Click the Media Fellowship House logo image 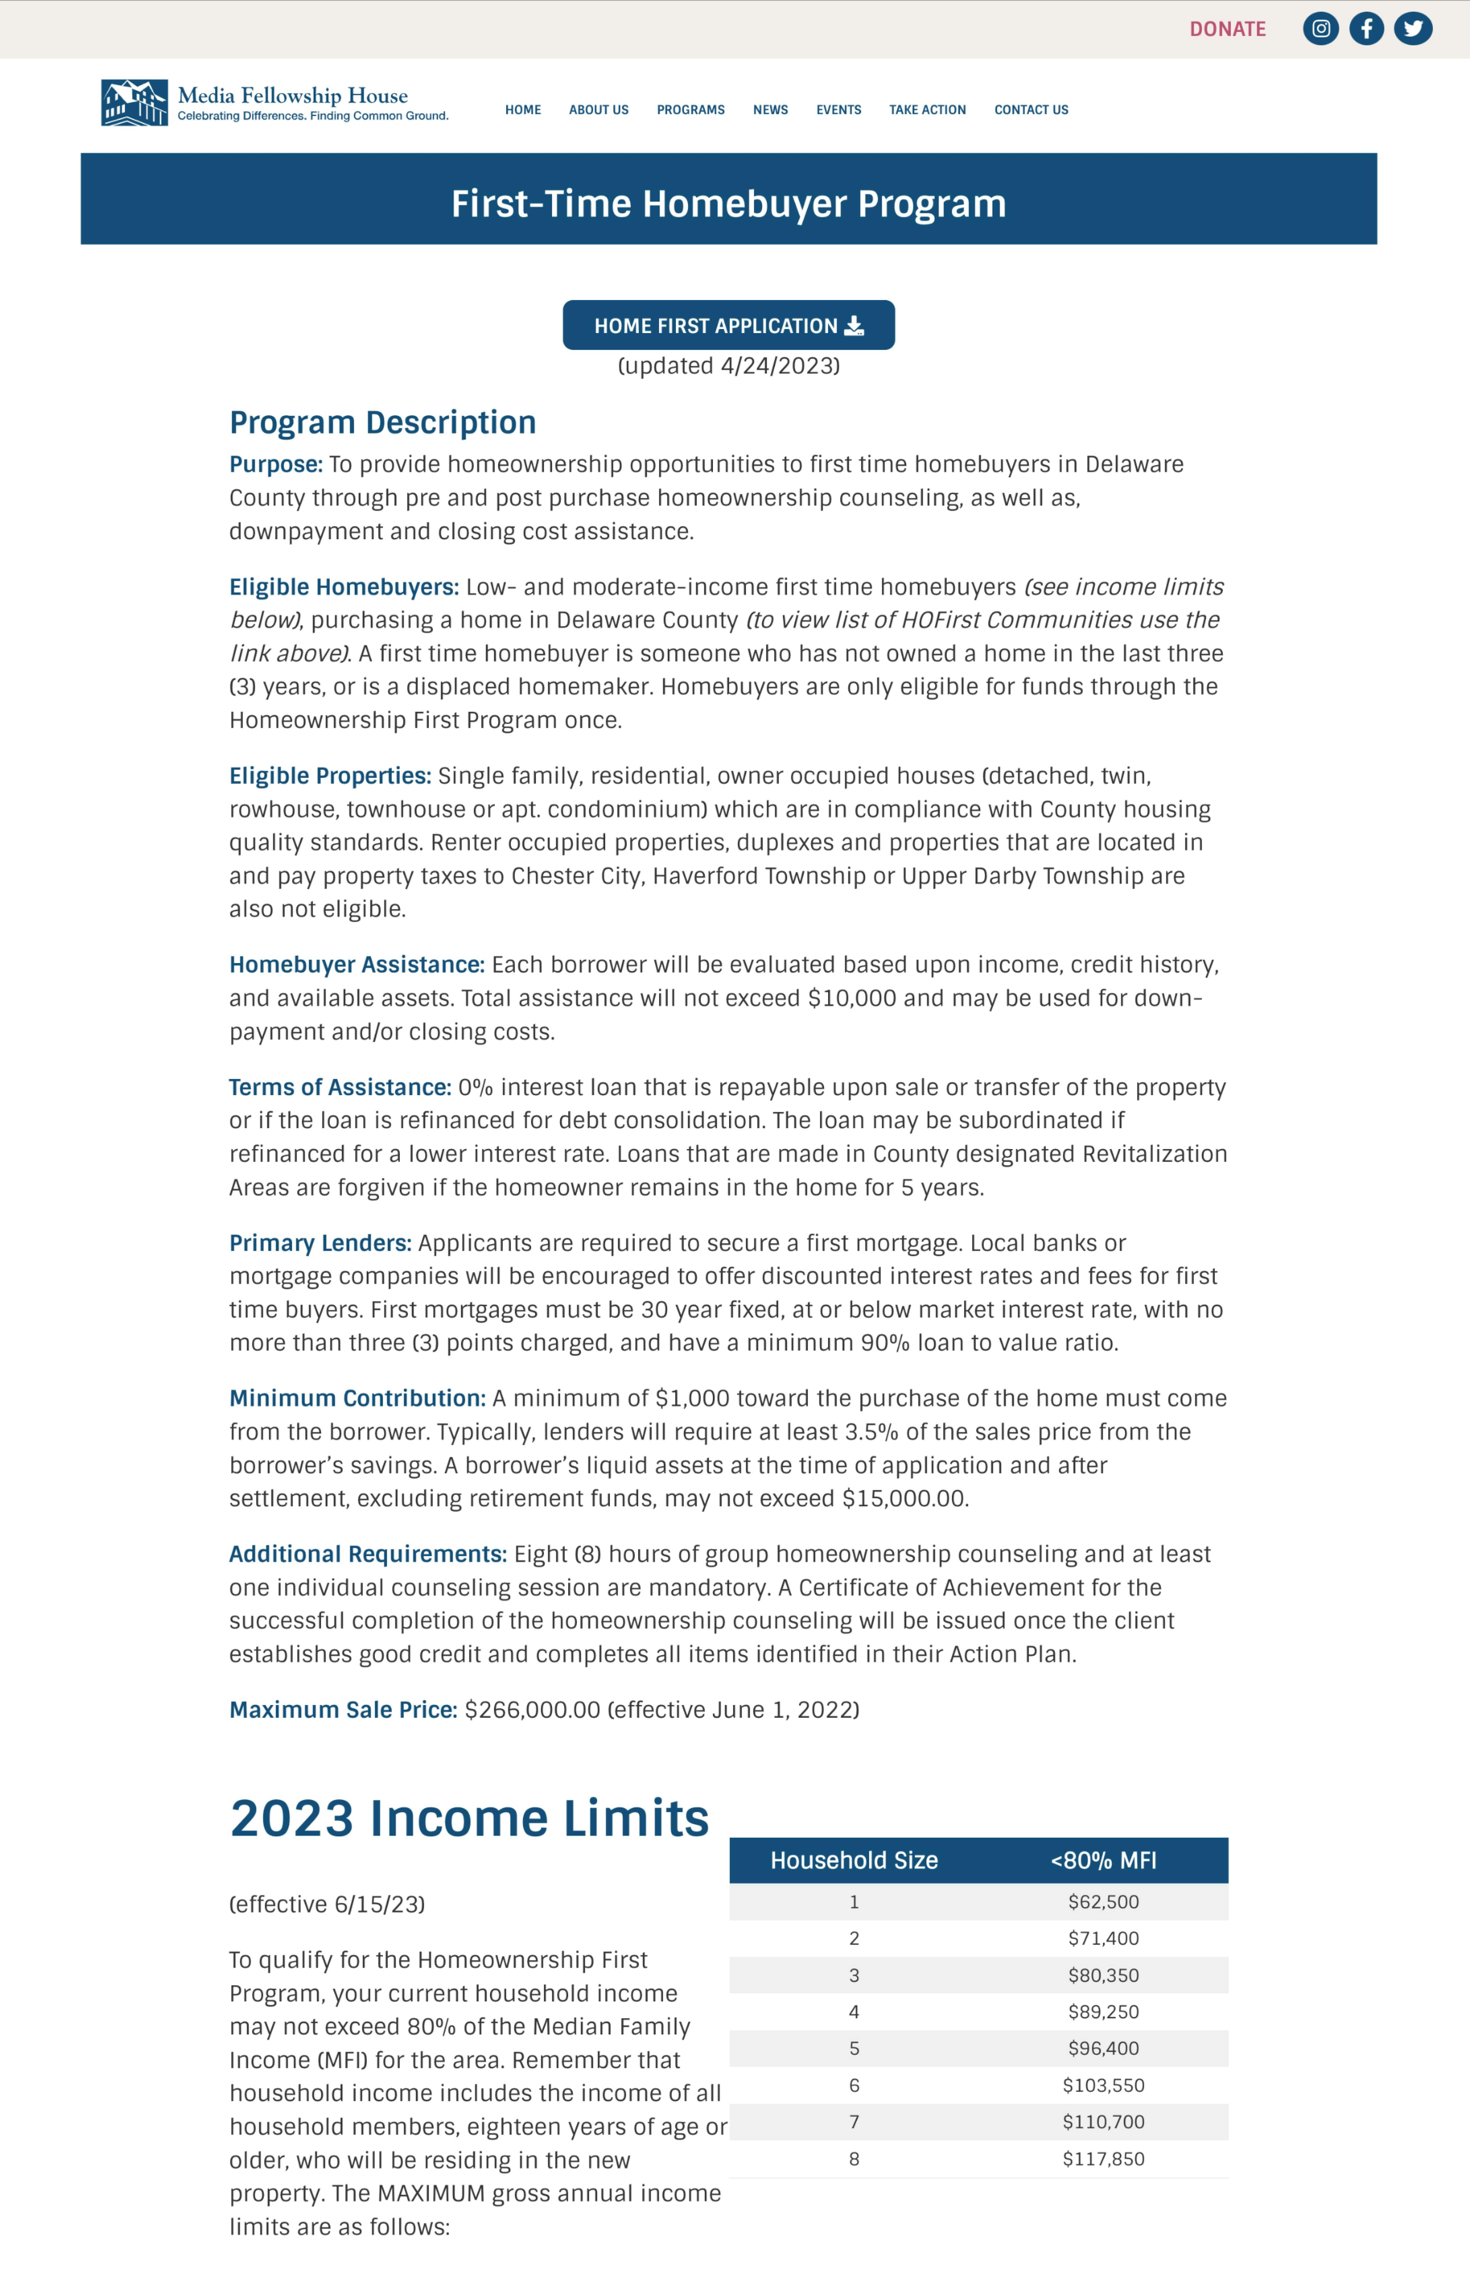135,102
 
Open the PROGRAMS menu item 690,110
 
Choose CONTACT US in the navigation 1031,110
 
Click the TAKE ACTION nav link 927,110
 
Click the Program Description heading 383,422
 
